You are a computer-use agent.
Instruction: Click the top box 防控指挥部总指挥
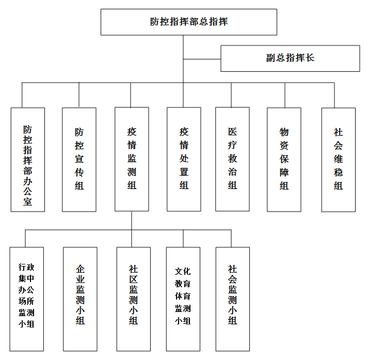click(x=189, y=22)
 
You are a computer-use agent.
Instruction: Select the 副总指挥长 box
click(x=290, y=58)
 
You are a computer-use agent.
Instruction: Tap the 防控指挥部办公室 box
click(x=28, y=160)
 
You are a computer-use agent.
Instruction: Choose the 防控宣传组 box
click(x=79, y=160)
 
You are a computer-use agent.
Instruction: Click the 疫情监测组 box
click(x=132, y=159)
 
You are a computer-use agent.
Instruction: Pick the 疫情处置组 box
click(x=184, y=159)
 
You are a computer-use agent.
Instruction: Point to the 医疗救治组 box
click(x=232, y=159)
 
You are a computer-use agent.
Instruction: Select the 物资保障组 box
click(x=284, y=160)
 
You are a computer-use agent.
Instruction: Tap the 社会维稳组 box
click(x=339, y=160)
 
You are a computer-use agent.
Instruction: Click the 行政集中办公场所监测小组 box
click(x=26, y=299)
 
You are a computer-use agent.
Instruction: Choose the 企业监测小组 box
click(x=80, y=299)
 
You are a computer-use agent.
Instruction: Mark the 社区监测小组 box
click(x=134, y=299)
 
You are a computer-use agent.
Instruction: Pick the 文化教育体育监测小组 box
click(x=183, y=299)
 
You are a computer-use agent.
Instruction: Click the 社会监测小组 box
click(x=233, y=299)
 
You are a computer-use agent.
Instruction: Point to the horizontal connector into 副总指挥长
click(x=202, y=59)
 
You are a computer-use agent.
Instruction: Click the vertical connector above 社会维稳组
click(x=334, y=95)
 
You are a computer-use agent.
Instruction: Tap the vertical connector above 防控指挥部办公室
click(x=22, y=95)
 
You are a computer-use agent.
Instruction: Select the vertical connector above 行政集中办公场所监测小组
click(x=25, y=238)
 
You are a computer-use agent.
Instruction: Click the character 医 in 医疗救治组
click(x=232, y=132)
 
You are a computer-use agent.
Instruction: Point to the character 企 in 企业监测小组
click(x=81, y=269)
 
